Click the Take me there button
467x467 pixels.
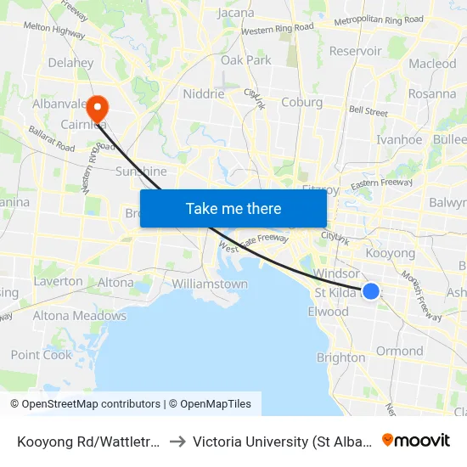point(233,208)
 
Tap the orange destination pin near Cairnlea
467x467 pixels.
point(98,107)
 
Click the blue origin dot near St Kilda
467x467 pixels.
point(371,291)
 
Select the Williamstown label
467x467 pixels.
point(210,284)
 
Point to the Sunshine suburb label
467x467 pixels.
point(141,171)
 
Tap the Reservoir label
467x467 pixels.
point(355,51)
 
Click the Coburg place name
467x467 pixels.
point(301,102)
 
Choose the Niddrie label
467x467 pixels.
point(204,94)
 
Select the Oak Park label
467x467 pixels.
point(246,60)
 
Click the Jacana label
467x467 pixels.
point(236,13)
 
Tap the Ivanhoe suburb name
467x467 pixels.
point(399,140)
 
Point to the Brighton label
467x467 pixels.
point(340,357)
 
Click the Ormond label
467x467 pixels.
point(399,351)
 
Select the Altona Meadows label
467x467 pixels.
point(79,316)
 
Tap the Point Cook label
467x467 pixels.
point(42,355)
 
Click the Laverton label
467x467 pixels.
point(58,281)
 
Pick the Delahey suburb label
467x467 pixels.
point(70,63)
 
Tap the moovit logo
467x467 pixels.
point(416,440)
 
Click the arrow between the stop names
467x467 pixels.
point(178,442)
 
